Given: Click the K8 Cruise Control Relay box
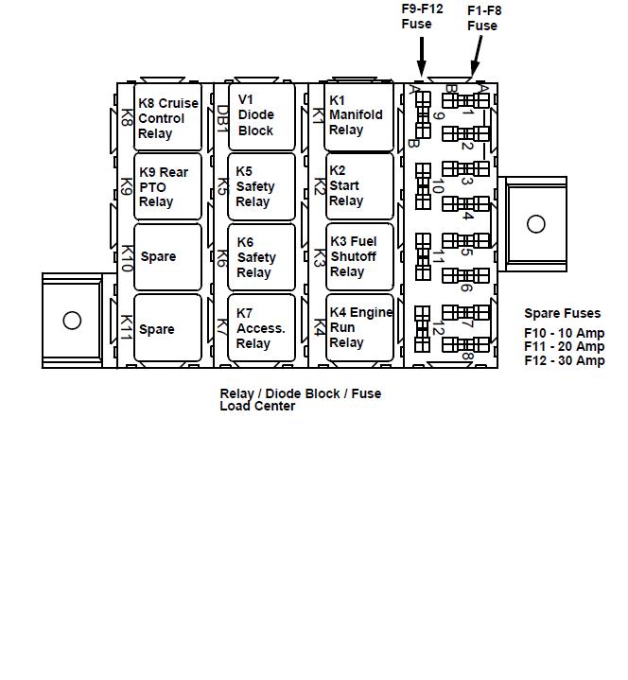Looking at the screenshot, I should coord(168,118).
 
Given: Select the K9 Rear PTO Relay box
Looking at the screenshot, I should coord(168,186).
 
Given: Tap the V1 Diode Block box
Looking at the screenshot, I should coord(263,115).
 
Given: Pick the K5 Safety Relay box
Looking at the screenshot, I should coord(263,186).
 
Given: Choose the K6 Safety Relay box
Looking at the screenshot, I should coord(263,257).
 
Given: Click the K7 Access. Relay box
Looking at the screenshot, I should coord(263,328).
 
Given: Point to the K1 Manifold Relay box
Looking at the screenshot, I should coord(359,115).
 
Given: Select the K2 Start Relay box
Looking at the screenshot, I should coord(359,186).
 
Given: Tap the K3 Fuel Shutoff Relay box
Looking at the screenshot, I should coord(359,256).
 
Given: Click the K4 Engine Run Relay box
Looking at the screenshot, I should coord(359,327).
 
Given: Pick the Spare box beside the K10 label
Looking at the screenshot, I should coord(168,256).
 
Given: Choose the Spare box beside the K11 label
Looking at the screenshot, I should coord(168,328).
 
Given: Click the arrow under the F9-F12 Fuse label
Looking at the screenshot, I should coord(422,57).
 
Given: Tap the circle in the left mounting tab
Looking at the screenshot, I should coord(72,320).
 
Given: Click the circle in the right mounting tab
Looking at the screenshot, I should coord(536,224).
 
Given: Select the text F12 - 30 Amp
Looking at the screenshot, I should coord(564,360).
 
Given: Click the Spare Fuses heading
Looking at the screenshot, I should coord(562,313).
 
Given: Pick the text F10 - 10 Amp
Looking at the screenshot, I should coord(564,333).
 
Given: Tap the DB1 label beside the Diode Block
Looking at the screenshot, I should coord(222,117).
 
